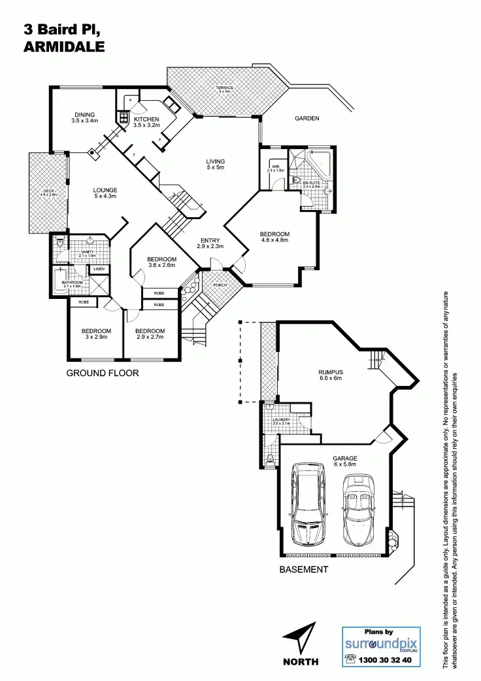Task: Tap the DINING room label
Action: [85, 117]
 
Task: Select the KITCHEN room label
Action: [146, 122]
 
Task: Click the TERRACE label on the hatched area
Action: [225, 89]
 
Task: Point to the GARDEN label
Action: [307, 118]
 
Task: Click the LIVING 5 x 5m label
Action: [215, 164]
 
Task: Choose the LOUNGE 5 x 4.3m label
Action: [105, 194]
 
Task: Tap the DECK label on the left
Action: [49, 193]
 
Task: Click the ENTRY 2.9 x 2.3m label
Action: [210, 243]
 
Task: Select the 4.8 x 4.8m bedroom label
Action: [274, 237]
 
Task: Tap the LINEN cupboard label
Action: [99, 269]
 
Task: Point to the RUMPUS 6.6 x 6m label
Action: [331, 375]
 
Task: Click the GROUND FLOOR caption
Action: [102, 374]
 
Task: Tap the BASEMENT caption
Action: [303, 569]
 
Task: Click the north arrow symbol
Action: [299, 639]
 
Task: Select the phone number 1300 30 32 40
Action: [386, 660]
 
